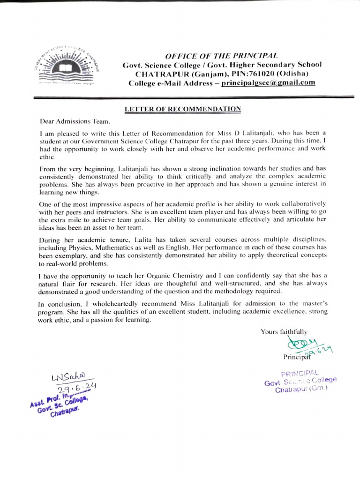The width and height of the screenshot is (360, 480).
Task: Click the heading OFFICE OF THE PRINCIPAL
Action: coord(222,55)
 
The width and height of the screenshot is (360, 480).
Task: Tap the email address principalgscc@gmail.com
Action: coord(268,82)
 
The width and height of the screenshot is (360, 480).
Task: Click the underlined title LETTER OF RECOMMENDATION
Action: coord(182,109)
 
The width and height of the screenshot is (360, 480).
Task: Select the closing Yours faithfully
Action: coord(284,332)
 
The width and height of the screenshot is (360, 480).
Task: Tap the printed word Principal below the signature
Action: coord(295,357)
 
